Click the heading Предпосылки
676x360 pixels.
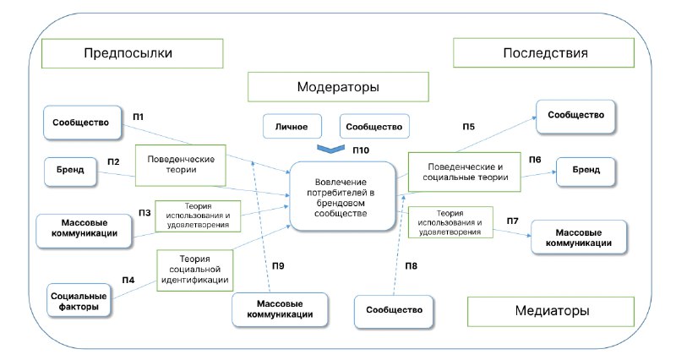[x=128, y=53]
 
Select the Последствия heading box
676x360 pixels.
[x=543, y=52]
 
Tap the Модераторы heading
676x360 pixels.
[x=338, y=87]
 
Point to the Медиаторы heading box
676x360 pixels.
[x=551, y=311]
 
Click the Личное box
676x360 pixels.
[x=292, y=126]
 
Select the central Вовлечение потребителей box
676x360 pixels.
[x=342, y=197]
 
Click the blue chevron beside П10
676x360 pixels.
[x=330, y=149]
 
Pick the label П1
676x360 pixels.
[x=138, y=117]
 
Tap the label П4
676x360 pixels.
[x=128, y=281]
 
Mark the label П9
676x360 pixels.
[x=278, y=266]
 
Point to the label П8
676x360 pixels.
[x=411, y=266]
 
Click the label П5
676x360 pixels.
[x=469, y=127]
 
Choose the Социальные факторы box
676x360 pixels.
[x=79, y=301]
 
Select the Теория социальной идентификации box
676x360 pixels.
[x=195, y=270]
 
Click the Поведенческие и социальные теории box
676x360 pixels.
[x=464, y=172]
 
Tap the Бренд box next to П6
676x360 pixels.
[x=586, y=170]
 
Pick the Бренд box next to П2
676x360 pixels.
[x=70, y=170]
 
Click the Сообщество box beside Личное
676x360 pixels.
[x=374, y=126]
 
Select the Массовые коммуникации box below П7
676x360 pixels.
[x=579, y=237]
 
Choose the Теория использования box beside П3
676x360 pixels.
[x=198, y=216]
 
